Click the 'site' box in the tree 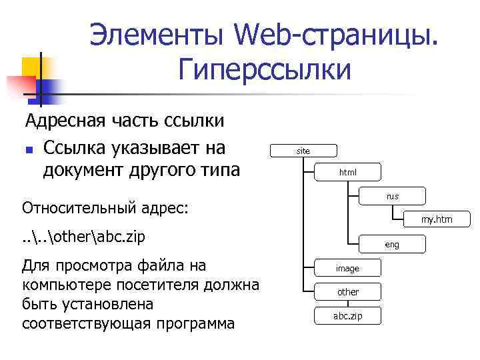[x=303, y=151]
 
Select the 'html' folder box [x=348, y=173]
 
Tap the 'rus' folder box [x=392, y=197]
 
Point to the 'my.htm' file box [x=437, y=219]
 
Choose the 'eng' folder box [x=392, y=245]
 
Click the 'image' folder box [x=347, y=268]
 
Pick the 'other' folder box [x=347, y=292]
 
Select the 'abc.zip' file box [x=347, y=316]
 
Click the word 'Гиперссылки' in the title [x=265, y=69]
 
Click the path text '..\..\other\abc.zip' [x=83, y=237]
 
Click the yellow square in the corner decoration [x=32, y=67]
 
